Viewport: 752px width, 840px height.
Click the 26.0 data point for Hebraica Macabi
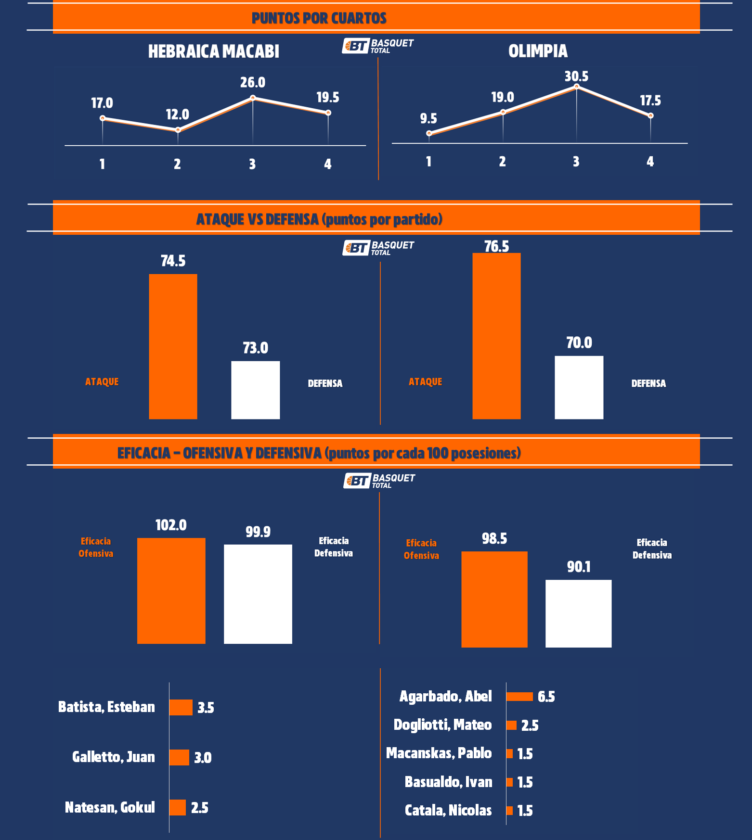click(253, 98)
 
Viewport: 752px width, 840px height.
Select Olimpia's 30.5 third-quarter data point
click(576, 87)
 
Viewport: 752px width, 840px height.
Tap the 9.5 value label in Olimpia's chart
click(428, 118)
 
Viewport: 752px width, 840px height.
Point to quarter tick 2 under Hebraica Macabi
click(177, 165)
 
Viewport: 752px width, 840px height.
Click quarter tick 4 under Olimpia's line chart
click(650, 162)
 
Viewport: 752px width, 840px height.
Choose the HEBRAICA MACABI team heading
click(213, 51)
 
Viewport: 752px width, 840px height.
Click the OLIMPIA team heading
click(538, 51)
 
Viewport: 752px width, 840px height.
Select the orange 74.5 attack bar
click(173, 346)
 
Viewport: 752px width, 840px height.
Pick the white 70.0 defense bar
click(579, 387)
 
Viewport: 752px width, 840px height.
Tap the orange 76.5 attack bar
click(496, 336)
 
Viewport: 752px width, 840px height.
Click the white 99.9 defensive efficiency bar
click(258, 594)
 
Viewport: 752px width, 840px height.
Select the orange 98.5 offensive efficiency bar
click(494, 599)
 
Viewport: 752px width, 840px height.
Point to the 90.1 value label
click(579, 567)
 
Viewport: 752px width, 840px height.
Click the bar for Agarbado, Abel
click(519, 697)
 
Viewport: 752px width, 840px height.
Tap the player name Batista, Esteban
click(106, 707)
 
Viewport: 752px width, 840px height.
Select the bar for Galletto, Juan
click(179, 757)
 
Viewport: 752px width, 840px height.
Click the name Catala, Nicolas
click(448, 811)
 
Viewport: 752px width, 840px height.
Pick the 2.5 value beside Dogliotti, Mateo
click(530, 725)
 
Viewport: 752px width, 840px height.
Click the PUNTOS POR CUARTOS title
click(319, 18)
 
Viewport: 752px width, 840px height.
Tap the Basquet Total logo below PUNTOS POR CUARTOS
click(378, 46)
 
